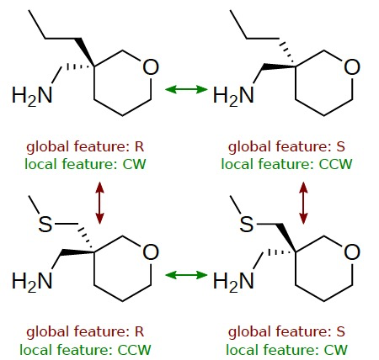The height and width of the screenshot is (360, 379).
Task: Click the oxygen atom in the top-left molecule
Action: coord(151,67)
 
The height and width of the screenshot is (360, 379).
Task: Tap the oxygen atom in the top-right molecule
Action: coord(352,67)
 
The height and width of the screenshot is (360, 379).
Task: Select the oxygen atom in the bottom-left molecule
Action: coord(151,252)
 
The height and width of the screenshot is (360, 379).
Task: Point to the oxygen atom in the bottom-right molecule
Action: coord(352,252)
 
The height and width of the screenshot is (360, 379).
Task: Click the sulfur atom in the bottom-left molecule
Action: coord(45,224)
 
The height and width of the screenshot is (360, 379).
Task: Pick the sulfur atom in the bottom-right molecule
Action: coord(247,224)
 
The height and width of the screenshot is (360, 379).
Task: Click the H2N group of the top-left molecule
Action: coord(32,96)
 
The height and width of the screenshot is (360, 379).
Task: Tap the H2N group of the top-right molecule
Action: coord(233,96)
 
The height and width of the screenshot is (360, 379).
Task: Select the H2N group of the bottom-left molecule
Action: coord(32,281)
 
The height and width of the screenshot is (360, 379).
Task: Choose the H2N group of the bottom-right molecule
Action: coord(233,281)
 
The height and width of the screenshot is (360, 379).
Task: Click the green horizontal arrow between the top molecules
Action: coord(186,89)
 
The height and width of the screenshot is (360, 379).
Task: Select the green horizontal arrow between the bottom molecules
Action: coord(186,275)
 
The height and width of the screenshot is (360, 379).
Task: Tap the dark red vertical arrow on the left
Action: coord(99,203)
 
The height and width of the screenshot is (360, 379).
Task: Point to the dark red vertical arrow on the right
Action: coord(303,203)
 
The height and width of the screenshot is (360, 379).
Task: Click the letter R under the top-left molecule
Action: coord(139,146)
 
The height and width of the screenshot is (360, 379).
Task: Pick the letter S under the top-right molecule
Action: coord(340,146)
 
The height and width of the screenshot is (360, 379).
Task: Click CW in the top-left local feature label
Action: coord(134,164)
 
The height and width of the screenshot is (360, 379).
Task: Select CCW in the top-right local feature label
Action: coord(335,164)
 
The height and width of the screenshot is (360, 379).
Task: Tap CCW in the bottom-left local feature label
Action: coord(134,350)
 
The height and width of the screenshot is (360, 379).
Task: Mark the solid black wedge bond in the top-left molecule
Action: coord(85,52)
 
